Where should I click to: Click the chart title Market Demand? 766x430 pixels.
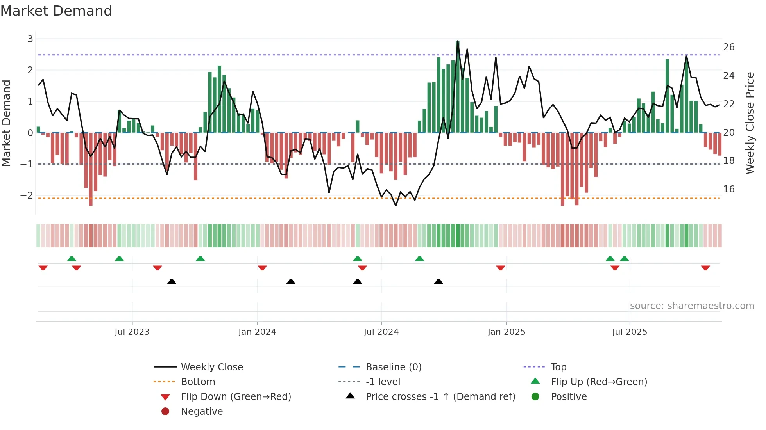click(56, 11)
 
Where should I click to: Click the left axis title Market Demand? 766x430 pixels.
click(7, 123)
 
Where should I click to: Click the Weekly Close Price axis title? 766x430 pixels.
click(750, 123)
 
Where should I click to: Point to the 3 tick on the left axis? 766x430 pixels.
click(30, 39)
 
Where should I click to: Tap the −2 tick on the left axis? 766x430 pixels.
click(27, 195)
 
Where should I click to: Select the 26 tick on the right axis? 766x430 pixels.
click(729, 47)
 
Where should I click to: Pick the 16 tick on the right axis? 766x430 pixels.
click(729, 189)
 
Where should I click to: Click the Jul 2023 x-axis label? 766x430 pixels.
click(132, 332)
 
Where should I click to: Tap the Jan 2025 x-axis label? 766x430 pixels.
click(506, 332)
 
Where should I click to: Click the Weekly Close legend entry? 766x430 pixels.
click(212, 367)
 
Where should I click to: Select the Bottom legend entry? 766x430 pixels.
click(198, 382)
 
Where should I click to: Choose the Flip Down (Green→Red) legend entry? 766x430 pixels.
click(236, 397)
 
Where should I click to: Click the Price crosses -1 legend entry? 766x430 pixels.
click(440, 397)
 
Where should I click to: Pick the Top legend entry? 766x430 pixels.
click(558, 367)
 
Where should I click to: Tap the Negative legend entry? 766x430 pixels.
click(202, 412)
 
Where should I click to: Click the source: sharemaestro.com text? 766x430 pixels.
click(692, 306)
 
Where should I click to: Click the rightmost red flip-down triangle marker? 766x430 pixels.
click(705, 268)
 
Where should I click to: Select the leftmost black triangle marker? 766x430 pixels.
click(172, 281)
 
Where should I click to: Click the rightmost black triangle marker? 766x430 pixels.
click(438, 281)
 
